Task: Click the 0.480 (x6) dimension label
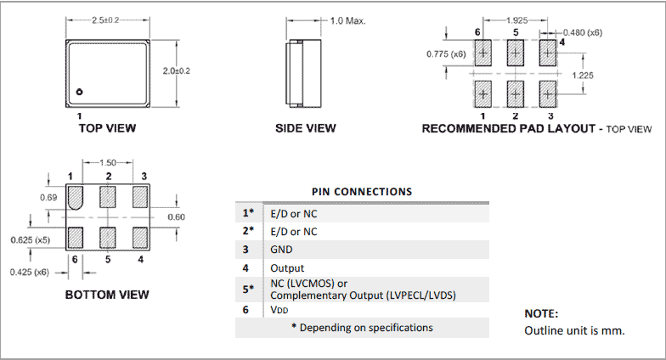point(584,32)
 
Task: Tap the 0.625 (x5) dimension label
point(28,240)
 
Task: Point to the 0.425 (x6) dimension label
point(28,272)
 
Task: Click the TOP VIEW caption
point(107,128)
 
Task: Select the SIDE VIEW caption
point(306,128)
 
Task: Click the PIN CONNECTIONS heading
point(362,192)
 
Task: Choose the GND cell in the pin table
point(280,250)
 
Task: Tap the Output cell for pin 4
point(286,268)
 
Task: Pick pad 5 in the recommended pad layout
point(516,53)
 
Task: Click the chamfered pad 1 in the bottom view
point(76,198)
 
